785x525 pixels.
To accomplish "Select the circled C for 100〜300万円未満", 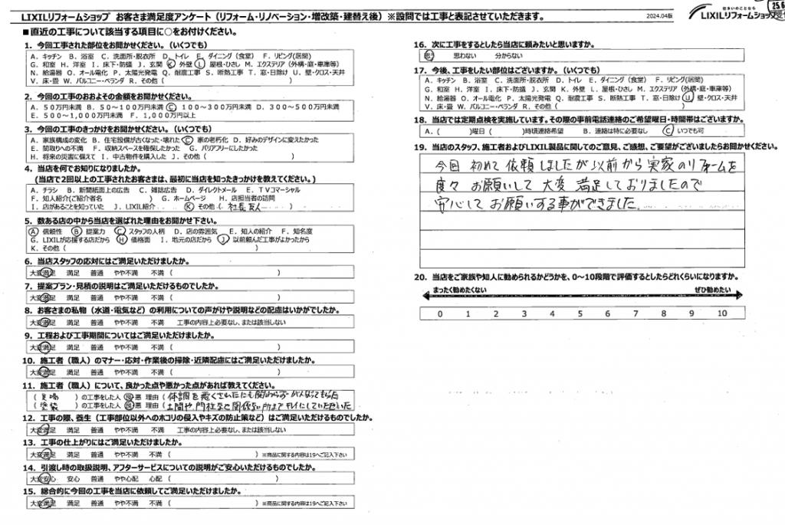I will (172, 107).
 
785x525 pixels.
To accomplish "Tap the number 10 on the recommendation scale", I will (721, 313).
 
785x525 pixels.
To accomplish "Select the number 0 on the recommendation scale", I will (440, 313).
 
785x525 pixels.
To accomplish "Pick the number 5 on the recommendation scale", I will (580, 313).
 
